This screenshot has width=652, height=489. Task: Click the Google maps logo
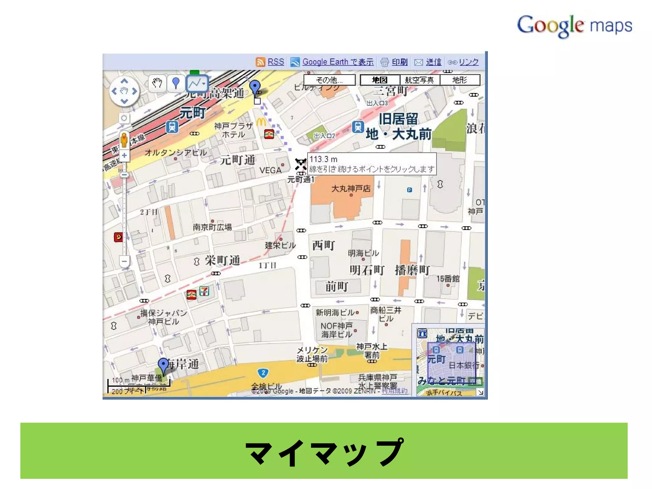pos(574,25)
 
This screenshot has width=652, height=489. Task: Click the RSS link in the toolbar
pos(275,62)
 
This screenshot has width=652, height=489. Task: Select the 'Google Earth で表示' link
pos(338,62)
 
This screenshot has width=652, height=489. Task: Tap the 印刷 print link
pos(400,62)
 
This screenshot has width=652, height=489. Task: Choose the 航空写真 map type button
pos(419,80)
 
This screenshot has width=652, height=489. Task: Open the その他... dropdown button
pos(329,80)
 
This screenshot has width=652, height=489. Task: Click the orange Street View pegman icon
pos(124,140)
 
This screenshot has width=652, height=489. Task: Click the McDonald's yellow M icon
pos(261,122)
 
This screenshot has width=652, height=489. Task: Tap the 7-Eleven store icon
pos(204,291)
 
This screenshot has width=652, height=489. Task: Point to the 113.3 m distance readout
pos(323,159)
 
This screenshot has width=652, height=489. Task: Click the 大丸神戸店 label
pos(351,188)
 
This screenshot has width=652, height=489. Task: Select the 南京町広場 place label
pos(212,227)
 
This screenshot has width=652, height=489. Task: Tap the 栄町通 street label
pos(222,260)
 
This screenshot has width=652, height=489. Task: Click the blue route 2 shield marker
pos(263,373)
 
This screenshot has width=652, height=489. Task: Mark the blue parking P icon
pos(409,190)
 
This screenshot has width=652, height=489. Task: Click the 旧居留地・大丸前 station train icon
pos(358,127)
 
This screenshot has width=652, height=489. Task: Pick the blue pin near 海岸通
pos(163,365)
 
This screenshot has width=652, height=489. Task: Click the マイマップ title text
pos(324,452)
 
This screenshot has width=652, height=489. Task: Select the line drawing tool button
pos(197,83)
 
